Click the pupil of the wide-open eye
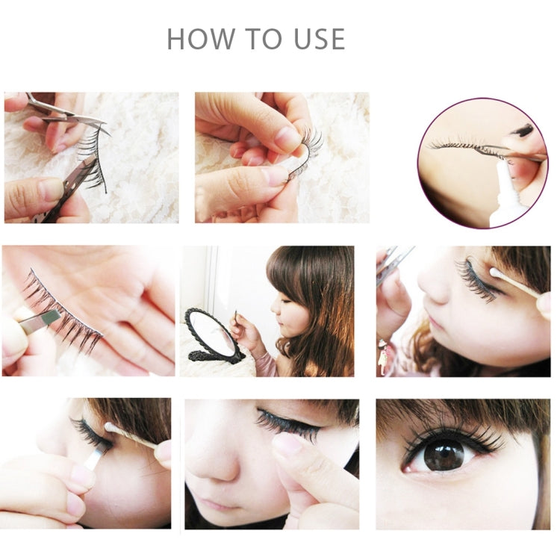click(x=444, y=455)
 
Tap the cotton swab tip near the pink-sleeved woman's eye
click(x=494, y=275)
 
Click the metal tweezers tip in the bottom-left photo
click(x=94, y=456)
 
